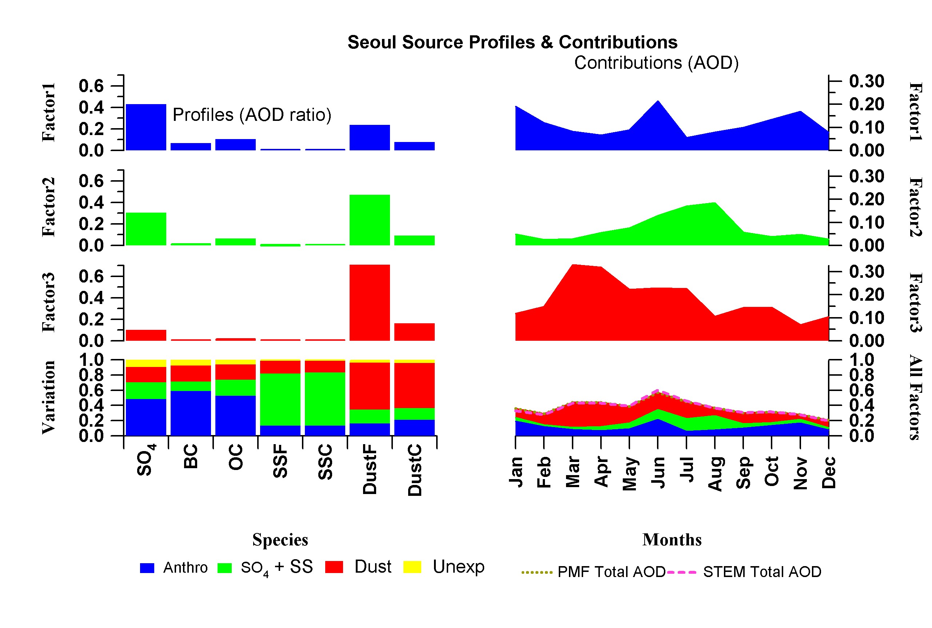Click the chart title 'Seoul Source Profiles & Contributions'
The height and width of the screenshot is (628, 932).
[x=512, y=42]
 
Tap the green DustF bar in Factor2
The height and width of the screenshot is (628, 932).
[x=369, y=220]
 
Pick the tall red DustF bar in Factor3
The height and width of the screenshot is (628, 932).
[x=369, y=303]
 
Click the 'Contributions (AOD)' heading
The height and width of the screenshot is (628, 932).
[x=656, y=63]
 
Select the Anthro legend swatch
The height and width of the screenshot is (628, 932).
[x=147, y=568]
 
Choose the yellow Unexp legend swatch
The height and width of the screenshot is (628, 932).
[x=412, y=567]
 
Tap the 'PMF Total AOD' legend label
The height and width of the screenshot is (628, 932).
[x=611, y=572]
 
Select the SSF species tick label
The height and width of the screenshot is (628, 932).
[x=280, y=461]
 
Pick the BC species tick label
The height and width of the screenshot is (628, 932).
[x=191, y=456]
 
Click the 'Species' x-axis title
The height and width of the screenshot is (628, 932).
[x=280, y=540]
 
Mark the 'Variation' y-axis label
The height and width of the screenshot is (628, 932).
[x=48, y=397]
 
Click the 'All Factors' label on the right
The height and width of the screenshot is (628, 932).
[x=916, y=397]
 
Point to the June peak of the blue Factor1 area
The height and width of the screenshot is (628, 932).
[x=657, y=103]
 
